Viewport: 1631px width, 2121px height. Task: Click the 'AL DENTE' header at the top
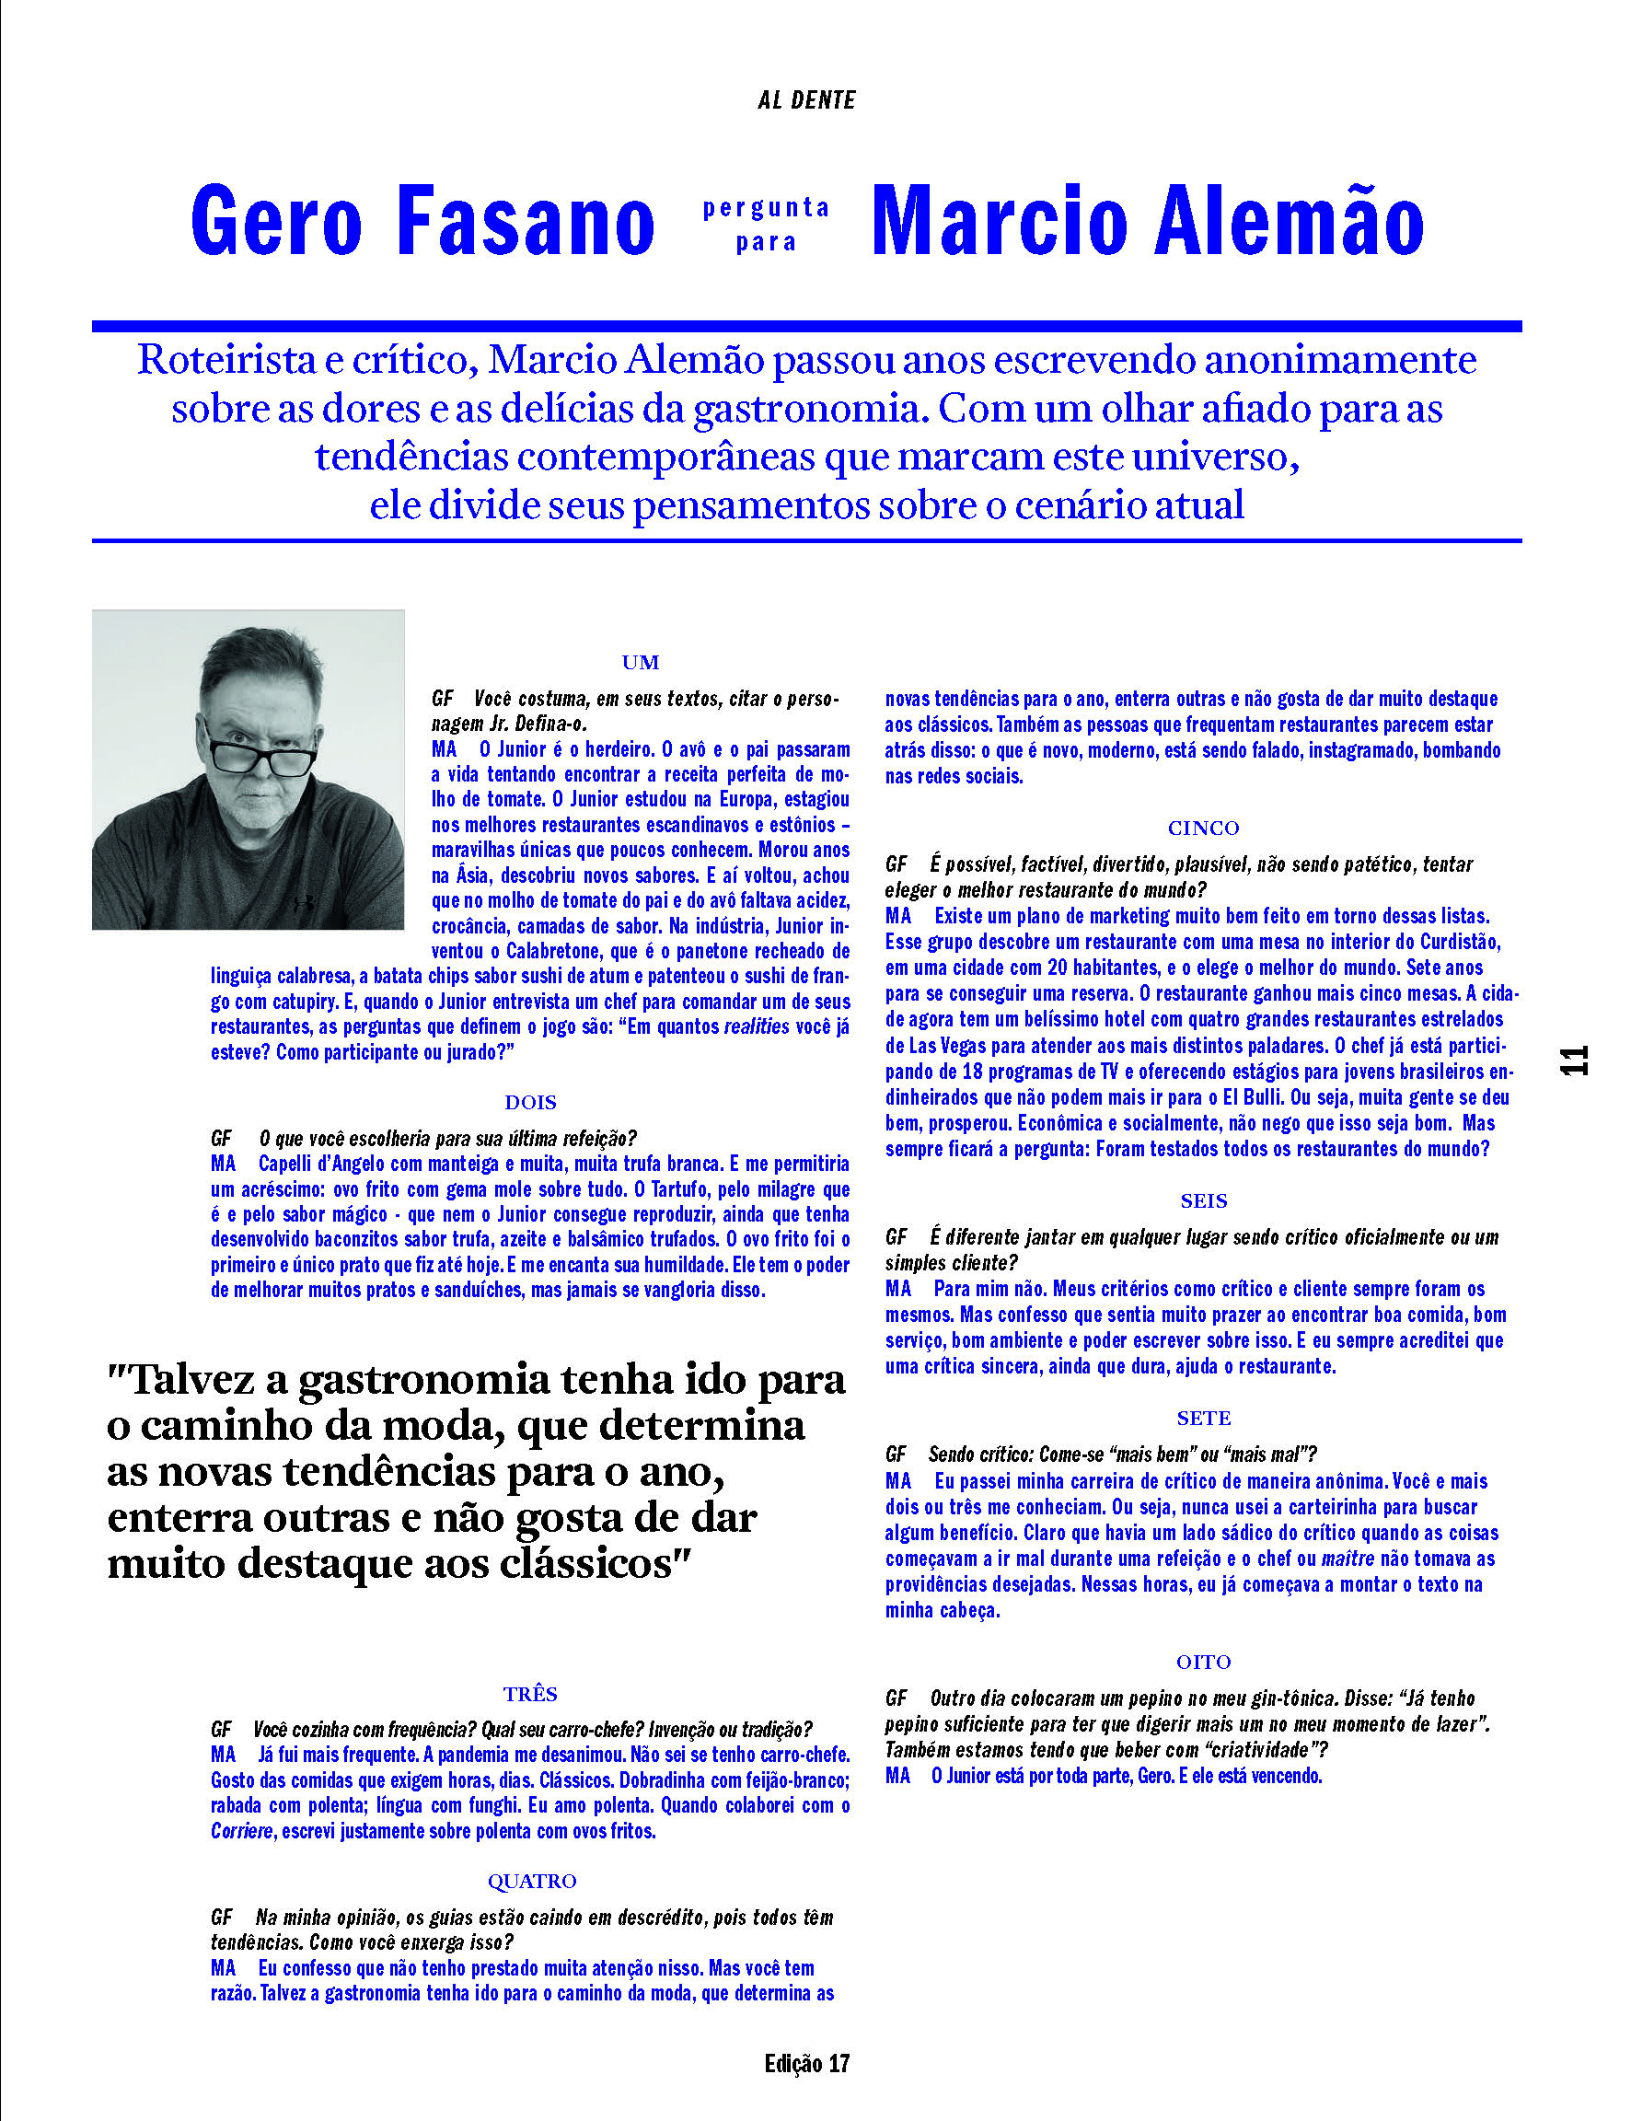805,100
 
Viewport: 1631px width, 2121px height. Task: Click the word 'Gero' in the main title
277,221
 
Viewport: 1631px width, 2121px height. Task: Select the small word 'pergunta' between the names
766,207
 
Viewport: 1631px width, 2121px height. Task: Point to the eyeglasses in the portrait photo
260,749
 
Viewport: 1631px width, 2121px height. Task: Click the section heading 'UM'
640,662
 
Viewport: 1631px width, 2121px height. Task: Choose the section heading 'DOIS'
530,1102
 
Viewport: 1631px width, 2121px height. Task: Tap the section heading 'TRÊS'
530,1694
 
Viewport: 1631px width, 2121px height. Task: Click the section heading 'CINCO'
1203,828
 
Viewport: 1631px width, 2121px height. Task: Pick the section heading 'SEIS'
1203,1200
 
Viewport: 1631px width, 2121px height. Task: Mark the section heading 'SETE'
1203,1419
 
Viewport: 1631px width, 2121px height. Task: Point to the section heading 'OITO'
1203,1662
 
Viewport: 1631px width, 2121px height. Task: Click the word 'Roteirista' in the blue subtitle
226,360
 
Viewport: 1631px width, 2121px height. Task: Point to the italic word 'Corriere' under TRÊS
242,1832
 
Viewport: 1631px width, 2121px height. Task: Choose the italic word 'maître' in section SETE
1348,1559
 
